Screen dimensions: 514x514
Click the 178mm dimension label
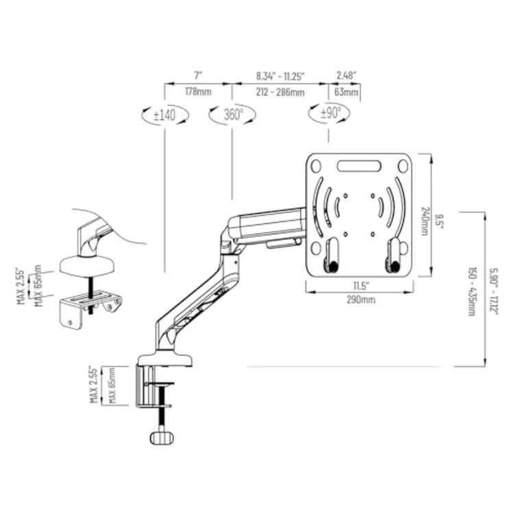point(198,91)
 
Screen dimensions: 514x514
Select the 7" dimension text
point(198,75)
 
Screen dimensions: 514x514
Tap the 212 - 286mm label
point(280,92)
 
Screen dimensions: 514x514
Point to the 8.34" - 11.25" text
point(280,76)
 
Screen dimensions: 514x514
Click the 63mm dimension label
point(346,92)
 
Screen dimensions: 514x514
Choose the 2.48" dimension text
point(347,75)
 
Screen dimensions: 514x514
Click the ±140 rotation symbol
point(165,114)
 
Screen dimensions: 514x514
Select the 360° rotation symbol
point(232,114)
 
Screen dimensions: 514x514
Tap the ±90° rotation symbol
point(329,113)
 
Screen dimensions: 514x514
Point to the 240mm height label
point(424,221)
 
